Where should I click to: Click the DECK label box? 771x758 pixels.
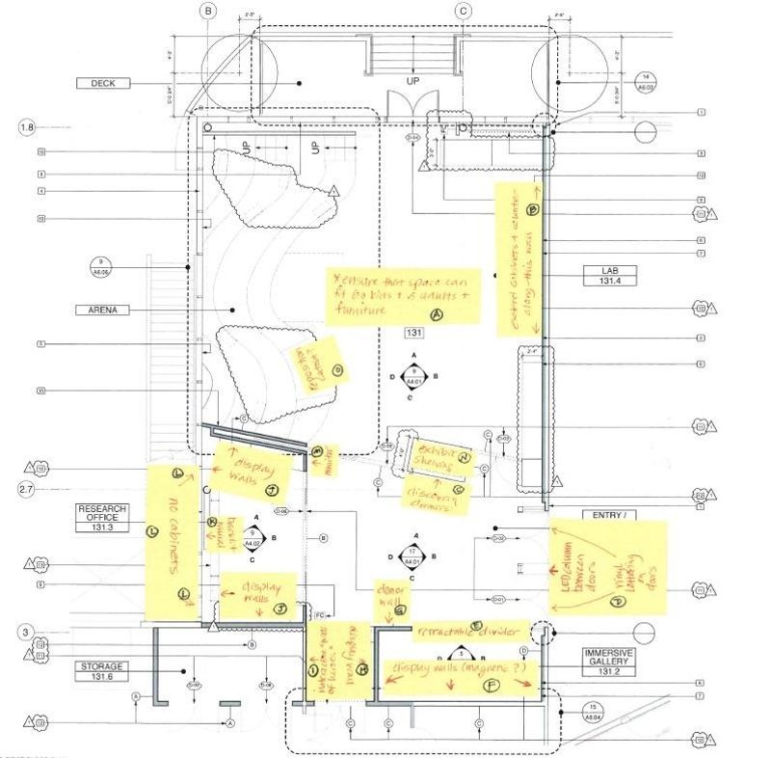pos(103,84)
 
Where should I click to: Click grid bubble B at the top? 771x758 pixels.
pos(209,12)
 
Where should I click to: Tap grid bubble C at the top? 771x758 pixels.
pos(464,12)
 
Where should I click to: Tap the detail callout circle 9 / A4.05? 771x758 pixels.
pos(100,267)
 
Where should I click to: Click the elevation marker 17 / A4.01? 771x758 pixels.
pos(412,556)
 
